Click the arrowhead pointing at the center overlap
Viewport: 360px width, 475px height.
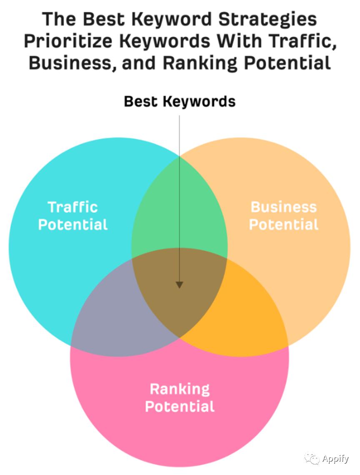180,285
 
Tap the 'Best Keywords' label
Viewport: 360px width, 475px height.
180,101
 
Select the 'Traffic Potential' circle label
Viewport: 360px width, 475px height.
72,216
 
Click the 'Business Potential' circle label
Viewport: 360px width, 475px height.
283,216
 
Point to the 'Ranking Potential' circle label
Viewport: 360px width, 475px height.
180,398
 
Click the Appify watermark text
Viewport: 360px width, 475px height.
335,459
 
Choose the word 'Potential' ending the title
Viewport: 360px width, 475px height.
287,63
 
